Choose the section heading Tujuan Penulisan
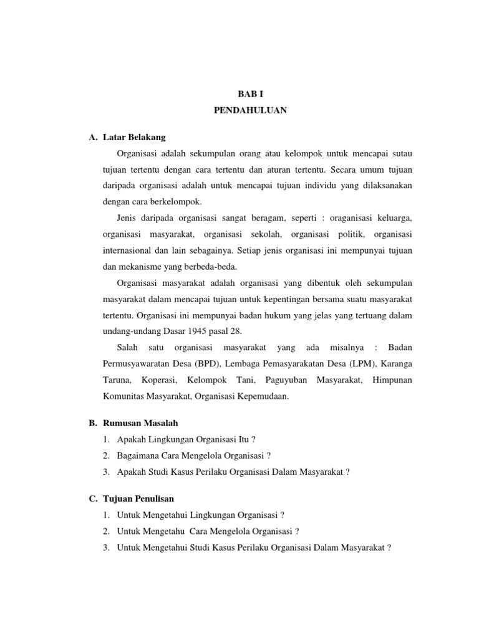pos(138,499)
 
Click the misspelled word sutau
pos(400,153)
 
